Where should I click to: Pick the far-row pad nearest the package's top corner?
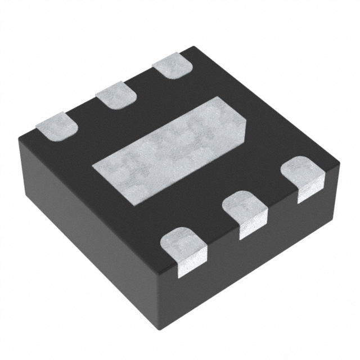(173, 66)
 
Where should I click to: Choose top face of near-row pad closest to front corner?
(183, 240)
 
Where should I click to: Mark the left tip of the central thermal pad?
(94, 166)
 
